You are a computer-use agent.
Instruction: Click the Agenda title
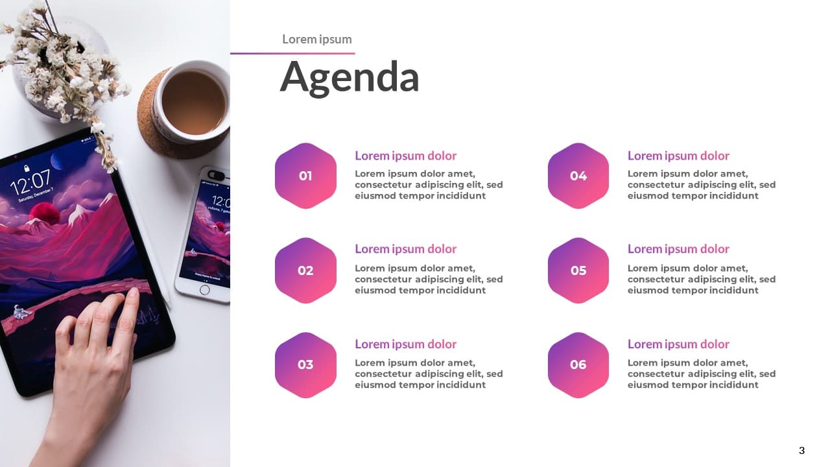point(350,78)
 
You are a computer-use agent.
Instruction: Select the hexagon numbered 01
point(305,176)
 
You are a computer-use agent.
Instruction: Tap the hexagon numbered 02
point(305,270)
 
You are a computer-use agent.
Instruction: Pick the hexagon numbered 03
point(305,365)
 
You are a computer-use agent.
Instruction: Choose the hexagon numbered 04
point(578,176)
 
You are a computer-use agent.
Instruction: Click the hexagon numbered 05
point(578,270)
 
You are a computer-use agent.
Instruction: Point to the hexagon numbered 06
point(578,365)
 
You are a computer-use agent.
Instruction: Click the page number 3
point(801,450)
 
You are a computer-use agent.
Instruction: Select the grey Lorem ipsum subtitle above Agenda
point(317,40)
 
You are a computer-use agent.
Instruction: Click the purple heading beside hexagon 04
point(678,156)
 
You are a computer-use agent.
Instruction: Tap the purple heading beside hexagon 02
point(406,249)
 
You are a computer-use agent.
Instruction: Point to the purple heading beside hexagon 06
point(678,344)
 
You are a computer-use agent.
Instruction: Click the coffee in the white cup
point(194,102)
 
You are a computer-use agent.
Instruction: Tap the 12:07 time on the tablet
point(30,182)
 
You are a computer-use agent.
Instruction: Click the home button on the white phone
point(204,290)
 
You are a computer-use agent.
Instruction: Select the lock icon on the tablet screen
point(27,168)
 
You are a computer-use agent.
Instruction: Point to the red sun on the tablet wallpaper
point(45,213)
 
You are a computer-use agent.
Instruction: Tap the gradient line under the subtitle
point(292,53)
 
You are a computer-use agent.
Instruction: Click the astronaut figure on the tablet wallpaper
point(21,312)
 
